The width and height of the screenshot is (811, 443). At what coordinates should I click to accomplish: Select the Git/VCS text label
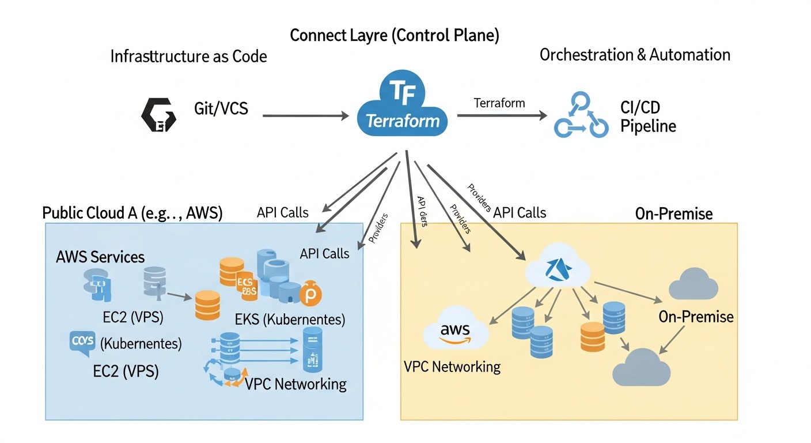pos(221,108)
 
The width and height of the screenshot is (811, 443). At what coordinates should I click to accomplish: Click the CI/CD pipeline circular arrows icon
pos(581,115)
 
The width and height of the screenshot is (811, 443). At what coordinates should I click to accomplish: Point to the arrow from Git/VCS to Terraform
pos(305,116)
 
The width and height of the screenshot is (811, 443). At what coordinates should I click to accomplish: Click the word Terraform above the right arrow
pos(499,103)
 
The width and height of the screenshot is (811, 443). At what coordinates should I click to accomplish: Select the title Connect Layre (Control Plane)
pos(395,36)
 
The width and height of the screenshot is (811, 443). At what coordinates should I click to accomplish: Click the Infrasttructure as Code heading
pos(188,57)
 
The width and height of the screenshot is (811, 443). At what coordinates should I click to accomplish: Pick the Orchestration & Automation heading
pos(635,55)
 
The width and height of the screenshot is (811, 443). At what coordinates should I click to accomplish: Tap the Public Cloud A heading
pos(132,213)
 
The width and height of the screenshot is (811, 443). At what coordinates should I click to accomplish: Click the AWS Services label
pos(100,257)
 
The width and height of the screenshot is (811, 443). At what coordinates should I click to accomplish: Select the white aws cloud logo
pos(455,332)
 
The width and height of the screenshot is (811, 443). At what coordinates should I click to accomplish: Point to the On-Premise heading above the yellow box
pos(674,214)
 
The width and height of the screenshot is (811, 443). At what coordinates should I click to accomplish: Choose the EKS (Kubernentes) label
pos(290,319)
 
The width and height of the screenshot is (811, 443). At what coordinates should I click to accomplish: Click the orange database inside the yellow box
pos(592,337)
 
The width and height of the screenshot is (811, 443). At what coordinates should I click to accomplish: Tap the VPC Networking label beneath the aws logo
pos(452,367)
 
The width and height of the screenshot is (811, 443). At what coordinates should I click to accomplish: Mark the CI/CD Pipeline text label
pos(648,117)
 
